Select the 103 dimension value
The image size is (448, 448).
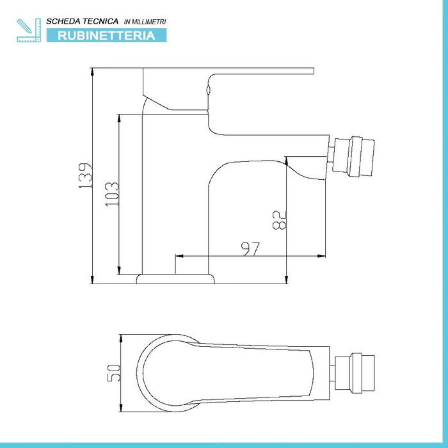(111, 193)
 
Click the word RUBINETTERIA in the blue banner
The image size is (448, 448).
(106, 36)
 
